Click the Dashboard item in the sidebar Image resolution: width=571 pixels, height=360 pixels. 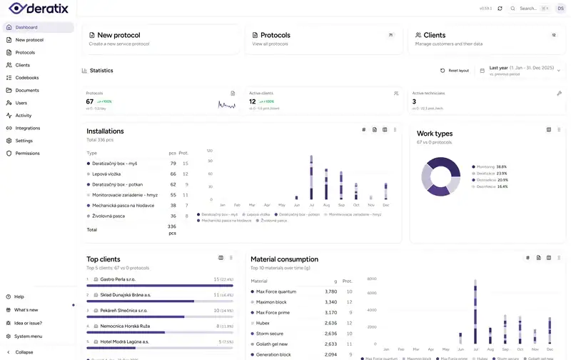(x=26, y=27)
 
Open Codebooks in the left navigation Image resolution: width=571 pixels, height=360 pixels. (x=27, y=78)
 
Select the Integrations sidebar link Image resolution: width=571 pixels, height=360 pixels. (x=28, y=128)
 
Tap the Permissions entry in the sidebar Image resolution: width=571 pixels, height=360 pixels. (x=27, y=153)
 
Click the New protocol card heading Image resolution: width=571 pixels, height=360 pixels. (x=118, y=35)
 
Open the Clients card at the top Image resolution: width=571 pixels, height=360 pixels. (x=434, y=35)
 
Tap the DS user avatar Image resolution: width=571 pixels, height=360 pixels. (x=560, y=9)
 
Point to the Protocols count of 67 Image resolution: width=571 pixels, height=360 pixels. (x=90, y=101)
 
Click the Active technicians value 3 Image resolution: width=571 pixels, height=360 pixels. (x=414, y=101)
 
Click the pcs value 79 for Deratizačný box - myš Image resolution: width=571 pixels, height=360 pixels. (x=173, y=164)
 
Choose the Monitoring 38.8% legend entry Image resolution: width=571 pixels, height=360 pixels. (x=490, y=166)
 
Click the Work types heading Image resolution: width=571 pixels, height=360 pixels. (x=435, y=134)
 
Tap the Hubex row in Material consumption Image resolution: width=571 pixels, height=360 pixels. (x=263, y=323)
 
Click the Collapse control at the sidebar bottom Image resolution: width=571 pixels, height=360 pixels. (x=24, y=352)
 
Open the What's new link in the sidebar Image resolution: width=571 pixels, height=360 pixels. (x=26, y=309)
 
